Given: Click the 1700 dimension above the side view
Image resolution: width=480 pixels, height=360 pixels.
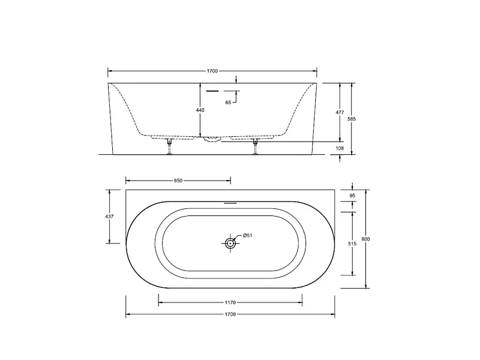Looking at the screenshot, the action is (212, 71).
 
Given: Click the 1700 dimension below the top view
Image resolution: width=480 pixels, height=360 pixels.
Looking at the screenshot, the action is (230, 314).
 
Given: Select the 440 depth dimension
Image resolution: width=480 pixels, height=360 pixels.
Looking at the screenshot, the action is (200, 110).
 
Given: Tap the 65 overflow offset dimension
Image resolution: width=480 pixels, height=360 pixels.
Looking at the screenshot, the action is (229, 103).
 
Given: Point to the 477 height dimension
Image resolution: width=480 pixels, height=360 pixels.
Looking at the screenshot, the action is (340, 112).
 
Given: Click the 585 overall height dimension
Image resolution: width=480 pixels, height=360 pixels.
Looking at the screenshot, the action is (352, 119).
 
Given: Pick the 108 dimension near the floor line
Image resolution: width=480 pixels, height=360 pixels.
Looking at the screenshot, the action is (340, 148).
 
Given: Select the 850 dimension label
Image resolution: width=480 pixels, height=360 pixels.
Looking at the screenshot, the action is (178, 181).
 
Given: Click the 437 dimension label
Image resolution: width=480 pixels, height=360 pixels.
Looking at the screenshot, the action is (109, 217).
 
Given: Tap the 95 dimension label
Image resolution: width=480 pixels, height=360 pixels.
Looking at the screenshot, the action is (352, 196).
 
